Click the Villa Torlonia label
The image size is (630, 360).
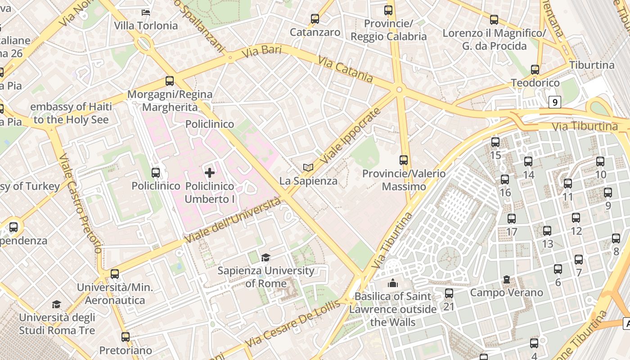coord(146,26)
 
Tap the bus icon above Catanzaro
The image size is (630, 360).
coord(315,19)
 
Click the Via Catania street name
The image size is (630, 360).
coord(346,69)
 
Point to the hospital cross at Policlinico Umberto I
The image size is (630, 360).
coord(210,172)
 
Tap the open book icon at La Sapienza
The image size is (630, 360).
coord(308,168)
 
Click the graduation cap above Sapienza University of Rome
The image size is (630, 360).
coord(266,257)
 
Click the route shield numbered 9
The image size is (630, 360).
coord(555,102)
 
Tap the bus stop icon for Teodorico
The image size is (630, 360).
coord(535,70)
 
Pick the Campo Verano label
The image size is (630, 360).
coord(507,292)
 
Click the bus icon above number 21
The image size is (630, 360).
coord(449,293)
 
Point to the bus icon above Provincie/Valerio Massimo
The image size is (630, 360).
coord(404,160)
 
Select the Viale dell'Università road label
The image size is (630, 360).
coord(233,221)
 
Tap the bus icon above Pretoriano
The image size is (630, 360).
coord(126,337)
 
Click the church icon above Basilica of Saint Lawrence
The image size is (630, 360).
coord(393,283)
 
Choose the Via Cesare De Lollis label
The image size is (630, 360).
coord(292,323)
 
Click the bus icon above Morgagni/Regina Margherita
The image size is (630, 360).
coord(170,81)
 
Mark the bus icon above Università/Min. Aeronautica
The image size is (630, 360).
coord(115,274)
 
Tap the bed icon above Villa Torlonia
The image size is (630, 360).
coord(146,12)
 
